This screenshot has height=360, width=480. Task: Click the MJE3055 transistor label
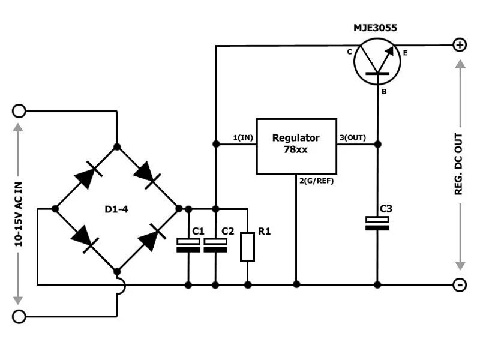click(375, 28)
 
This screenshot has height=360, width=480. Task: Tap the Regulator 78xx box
click(296, 146)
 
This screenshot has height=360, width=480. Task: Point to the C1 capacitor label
click(198, 231)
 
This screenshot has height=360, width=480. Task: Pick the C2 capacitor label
click(228, 231)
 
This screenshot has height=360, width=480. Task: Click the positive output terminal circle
click(460, 45)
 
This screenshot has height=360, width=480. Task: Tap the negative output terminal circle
click(460, 285)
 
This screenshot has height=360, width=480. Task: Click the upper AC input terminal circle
click(19, 111)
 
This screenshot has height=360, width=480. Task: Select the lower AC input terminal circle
click(19, 316)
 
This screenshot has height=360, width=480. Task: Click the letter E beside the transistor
click(406, 54)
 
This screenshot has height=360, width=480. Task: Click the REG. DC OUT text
click(459, 163)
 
